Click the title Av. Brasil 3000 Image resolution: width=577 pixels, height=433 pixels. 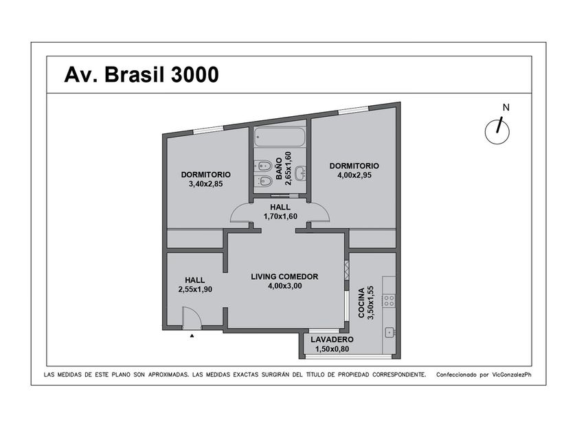pos(142,75)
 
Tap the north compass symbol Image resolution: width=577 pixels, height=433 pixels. pos(497,131)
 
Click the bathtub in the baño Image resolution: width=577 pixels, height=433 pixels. pos(280,137)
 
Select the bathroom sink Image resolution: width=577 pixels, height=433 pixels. pos(302,173)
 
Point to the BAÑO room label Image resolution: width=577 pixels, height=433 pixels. pos(279,168)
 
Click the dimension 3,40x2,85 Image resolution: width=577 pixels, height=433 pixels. pos(205,184)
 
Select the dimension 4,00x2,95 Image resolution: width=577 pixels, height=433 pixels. pos(354,175)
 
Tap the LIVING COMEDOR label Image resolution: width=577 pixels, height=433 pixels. pos(284,276)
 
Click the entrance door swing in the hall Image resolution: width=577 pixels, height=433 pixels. pos(192,318)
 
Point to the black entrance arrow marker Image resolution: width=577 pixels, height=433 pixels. pos(192,335)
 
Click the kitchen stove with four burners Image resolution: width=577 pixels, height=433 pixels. pos(389,300)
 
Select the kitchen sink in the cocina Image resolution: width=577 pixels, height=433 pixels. pos(389,332)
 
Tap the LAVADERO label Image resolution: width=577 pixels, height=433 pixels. pos(332,340)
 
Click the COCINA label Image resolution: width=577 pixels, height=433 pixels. pos(361,302)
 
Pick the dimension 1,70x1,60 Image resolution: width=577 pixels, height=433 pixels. pos(280,216)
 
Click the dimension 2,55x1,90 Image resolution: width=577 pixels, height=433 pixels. pos(195,289)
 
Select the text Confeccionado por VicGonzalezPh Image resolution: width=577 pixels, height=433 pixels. pos(484,375)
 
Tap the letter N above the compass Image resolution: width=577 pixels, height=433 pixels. pos(506,107)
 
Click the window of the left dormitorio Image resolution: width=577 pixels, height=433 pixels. pos(208,129)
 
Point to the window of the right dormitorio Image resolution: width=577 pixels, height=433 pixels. pos(353,109)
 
